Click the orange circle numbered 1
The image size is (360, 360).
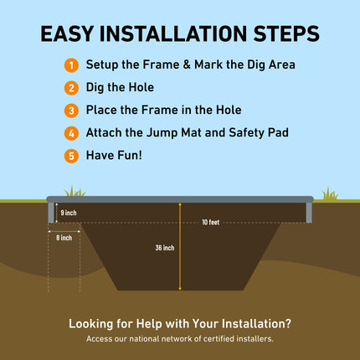coord(71,64)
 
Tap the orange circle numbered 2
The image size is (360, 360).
coord(71,87)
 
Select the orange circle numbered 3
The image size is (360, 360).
coord(71,110)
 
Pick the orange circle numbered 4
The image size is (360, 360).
coord(71,132)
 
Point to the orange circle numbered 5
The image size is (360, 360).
coord(71,155)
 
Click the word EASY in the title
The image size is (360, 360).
coord(68,33)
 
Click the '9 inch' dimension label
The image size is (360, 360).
coord(69,213)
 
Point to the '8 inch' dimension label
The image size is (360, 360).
coord(64,238)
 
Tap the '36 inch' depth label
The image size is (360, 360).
coord(165,248)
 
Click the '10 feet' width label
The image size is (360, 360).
coord(210,222)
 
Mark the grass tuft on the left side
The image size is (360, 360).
coord(75,193)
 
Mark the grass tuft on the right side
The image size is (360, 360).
coord(329,194)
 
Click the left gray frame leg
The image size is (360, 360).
coord(51,213)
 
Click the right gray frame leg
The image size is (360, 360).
coord(309,213)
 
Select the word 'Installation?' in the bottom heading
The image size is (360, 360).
coord(250,323)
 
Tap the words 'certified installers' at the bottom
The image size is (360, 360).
coord(239,339)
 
